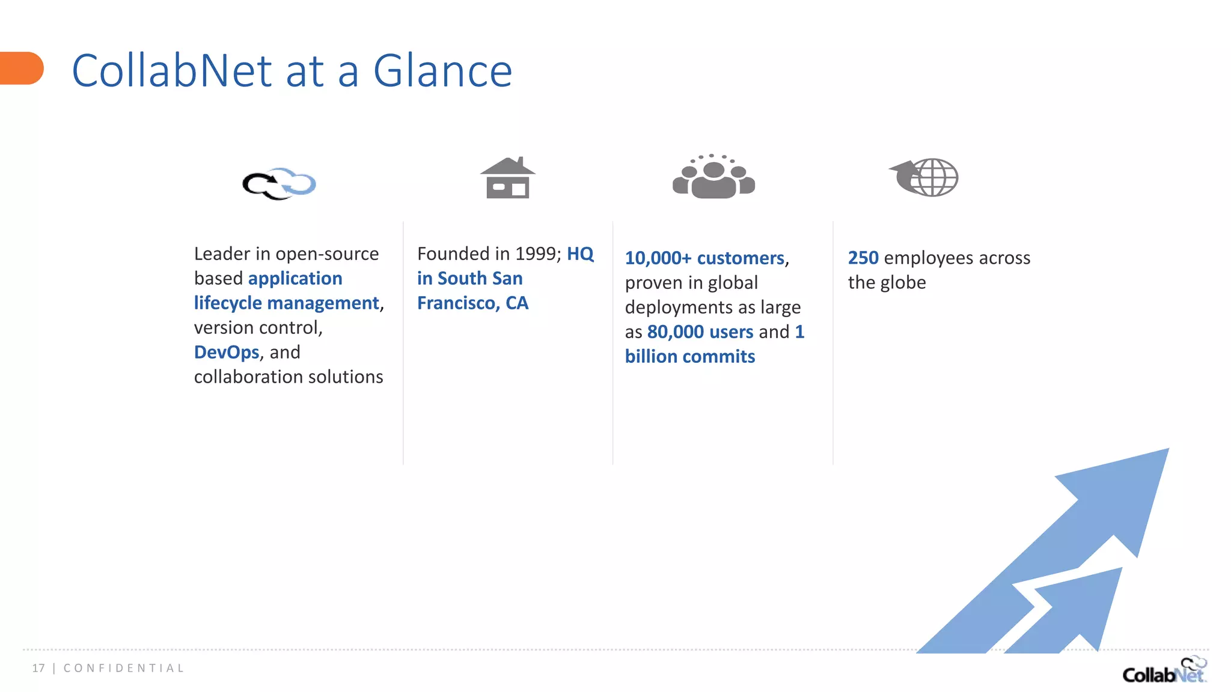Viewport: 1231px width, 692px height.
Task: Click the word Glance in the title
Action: pos(442,71)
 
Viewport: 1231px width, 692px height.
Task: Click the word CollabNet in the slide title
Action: pos(172,71)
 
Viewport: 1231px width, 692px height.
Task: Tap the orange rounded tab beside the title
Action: pos(22,68)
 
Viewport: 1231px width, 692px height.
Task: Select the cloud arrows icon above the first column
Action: pos(279,183)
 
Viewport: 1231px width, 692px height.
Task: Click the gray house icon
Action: pos(508,178)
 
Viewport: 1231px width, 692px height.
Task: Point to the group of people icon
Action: pos(713,177)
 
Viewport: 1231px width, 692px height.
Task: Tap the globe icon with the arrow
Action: pos(924,177)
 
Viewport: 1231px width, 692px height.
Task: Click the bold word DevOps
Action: pos(227,352)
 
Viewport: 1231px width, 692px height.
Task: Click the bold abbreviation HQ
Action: pos(580,253)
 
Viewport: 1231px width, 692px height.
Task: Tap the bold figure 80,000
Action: pos(675,332)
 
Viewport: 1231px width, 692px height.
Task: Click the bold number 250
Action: pos(863,258)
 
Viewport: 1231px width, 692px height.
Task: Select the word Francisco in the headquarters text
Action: pos(455,303)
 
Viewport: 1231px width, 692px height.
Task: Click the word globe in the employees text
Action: pos(903,282)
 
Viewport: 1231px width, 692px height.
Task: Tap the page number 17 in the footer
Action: pos(38,668)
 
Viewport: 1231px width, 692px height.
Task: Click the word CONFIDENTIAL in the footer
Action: pos(124,668)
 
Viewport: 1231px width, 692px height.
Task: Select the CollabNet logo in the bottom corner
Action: pos(1164,670)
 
